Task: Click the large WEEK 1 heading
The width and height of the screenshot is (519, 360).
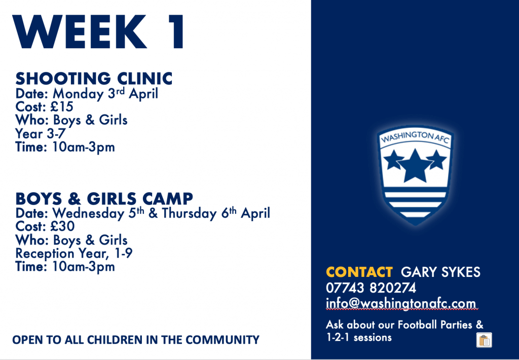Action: pyautogui.click(x=98, y=32)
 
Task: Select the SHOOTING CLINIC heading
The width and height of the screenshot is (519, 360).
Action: pyautogui.click(x=94, y=79)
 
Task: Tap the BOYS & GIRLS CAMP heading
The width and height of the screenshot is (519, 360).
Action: pyautogui.click(x=104, y=198)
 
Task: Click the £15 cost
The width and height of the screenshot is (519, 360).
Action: pyautogui.click(x=61, y=106)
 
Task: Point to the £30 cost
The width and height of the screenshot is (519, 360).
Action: pyautogui.click(x=62, y=226)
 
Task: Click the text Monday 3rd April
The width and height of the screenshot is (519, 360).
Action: pyautogui.click(x=105, y=94)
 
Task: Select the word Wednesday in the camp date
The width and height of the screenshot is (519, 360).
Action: pyautogui.click(x=88, y=213)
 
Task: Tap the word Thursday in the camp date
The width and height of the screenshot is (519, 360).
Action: pyautogui.click(x=190, y=213)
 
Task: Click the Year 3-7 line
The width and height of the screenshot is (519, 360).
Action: pyautogui.click(x=41, y=133)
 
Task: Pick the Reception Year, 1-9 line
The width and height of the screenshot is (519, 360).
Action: pyautogui.click(x=74, y=254)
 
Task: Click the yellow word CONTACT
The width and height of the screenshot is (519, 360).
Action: pyautogui.click(x=359, y=272)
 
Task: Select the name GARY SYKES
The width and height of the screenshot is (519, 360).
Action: pyautogui.click(x=440, y=272)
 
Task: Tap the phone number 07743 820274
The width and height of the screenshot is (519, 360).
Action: pyautogui.click(x=371, y=288)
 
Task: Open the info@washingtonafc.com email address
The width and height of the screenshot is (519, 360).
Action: pyautogui.click(x=401, y=303)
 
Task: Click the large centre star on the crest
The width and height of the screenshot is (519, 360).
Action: pyautogui.click(x=415, y=166)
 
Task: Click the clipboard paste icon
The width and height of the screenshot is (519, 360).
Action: pyautogui.click(x=484, y=340)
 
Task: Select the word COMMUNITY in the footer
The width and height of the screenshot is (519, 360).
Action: pyautogui.click(x=223, y=340)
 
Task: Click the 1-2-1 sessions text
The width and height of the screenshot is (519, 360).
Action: pyautogui.click(x=359, y=338)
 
